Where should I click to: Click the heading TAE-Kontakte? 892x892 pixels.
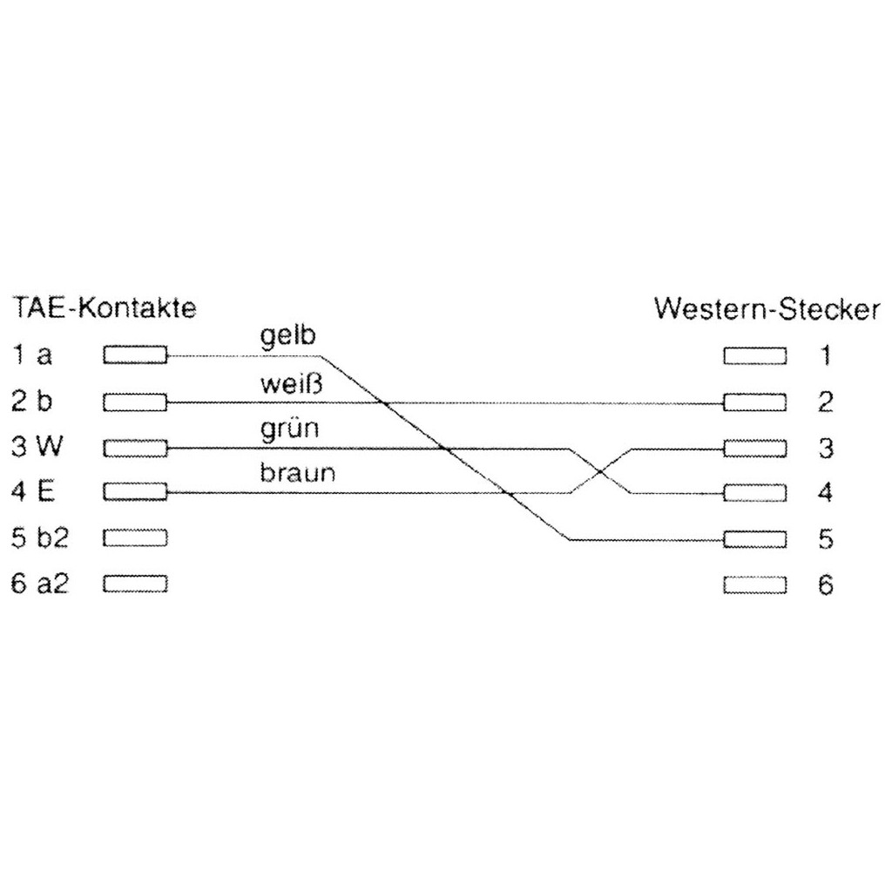click(x=105, y=308)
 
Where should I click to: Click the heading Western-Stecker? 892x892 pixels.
click(x=767, y=309)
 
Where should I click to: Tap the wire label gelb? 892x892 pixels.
click(x=287, y=335)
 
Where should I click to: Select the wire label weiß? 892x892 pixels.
click(x=291, y=383)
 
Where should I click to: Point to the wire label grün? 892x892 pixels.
click(x=289, y=429)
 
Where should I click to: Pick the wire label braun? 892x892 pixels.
click(x=298, y=473)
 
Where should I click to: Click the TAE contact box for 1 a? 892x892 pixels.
click(x=135, y=355)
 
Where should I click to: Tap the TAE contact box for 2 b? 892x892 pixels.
click(x=135, y=402)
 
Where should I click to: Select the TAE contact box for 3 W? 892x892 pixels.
click(x=135, y=449)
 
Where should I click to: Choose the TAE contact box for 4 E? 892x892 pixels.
click(x=135, y=492)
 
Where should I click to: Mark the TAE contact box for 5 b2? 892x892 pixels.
click(x=135, y=538)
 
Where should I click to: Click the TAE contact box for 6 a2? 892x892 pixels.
click(x=135, y=585)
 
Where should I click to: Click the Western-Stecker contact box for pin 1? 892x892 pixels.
click(x=755, y=356)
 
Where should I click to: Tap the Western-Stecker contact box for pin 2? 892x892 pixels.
click(x=755, y=402)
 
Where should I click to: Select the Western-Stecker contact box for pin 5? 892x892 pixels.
click(x=755, y=539)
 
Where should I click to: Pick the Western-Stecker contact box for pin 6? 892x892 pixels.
click(x=755, y=585)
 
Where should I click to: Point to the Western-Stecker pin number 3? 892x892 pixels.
click(x=826, y=449)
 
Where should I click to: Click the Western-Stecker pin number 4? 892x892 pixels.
click(x=826, y=493)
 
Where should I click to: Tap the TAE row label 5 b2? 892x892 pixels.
click(x=40, y=538)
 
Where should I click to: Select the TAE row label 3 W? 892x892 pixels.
click(x=37, y=447)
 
